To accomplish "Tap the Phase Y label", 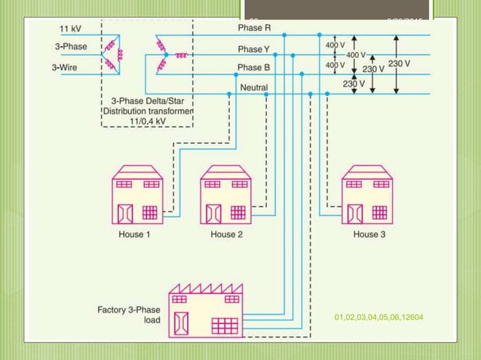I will pos(253,50).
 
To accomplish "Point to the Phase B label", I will pos(253,68).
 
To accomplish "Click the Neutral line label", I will pos(253,88).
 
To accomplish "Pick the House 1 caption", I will pos(135,235).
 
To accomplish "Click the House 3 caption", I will pos(369,235).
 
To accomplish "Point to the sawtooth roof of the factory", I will pos(204,287).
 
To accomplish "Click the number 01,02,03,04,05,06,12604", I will pos(378,319).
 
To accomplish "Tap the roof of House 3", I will pos(367,172).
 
